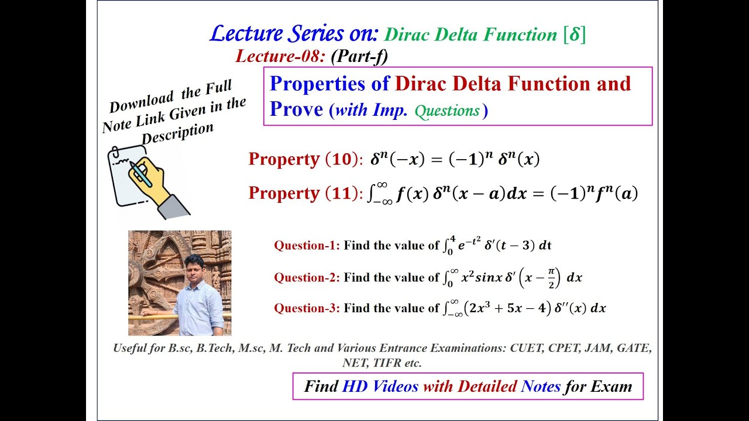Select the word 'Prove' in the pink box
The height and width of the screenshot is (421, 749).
tap(296, 109)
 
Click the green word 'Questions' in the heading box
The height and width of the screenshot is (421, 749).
tap(448, 111)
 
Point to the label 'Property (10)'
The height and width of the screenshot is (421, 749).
tap(305, 159)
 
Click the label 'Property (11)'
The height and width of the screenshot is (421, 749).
tap(305, 194)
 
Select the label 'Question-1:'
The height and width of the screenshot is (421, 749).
tap(307, 246)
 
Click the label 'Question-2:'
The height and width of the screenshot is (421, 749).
tap(307, 278)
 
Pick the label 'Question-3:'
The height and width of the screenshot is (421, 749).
tap(307, 308)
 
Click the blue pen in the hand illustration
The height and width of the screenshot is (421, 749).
tap(141, 174)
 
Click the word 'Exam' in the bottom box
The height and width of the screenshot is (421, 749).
tap(611, 387)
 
